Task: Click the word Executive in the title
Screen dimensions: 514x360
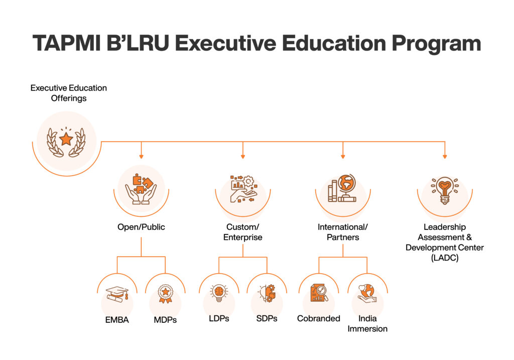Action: (x=226, y=43)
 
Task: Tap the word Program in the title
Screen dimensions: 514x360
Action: (x=436, y=44)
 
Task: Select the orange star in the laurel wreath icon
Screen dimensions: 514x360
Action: (x=66, y=139)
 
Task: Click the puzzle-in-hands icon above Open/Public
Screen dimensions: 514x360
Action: (x=141, y=189)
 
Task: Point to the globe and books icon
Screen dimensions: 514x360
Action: (x=342, y=188)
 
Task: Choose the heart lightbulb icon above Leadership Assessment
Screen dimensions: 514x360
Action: (x=445, y=190)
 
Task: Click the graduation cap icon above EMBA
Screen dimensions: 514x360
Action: (x=117, y=294)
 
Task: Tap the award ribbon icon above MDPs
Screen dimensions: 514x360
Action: (x=165, y=294)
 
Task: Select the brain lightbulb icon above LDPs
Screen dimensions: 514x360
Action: (x=219, y=293)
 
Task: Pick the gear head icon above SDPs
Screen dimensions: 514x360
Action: (x=267, y=293)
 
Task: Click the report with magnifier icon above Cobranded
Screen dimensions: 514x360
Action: (x=319, y=293)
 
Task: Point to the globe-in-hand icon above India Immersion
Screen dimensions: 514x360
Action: (x=367, y=293)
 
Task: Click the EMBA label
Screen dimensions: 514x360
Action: (x=117, y=320)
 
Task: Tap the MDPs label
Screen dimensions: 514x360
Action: (x=165, y=320)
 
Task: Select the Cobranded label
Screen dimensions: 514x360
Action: (x=319, y=318)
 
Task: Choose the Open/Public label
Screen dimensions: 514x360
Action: (x=141, y=227)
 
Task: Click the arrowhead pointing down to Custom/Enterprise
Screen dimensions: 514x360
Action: (x=242, y=157)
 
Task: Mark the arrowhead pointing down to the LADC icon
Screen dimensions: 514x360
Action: (x=445, y=157)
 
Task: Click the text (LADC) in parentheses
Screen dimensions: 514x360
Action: (x=445, y=258)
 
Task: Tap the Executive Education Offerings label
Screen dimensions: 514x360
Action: (x=68, y=93)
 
